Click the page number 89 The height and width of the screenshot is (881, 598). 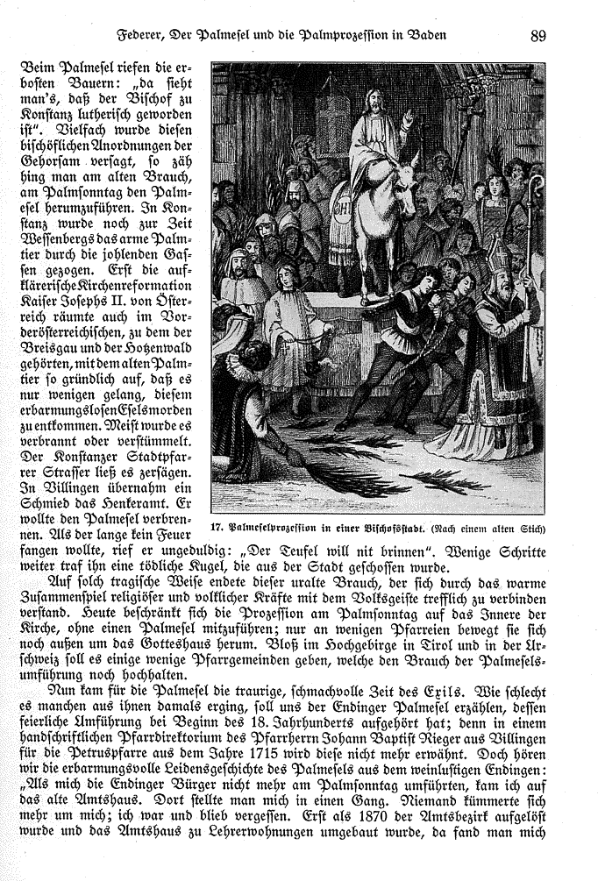(x=538, y=36)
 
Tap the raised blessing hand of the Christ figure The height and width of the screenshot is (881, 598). (x=407, y=117)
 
